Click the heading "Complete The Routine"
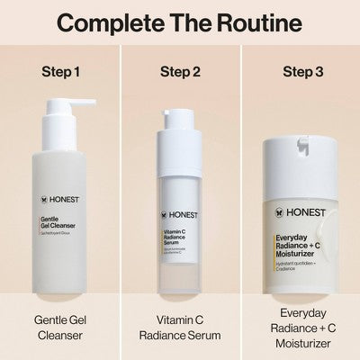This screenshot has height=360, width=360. coord(180,22)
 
